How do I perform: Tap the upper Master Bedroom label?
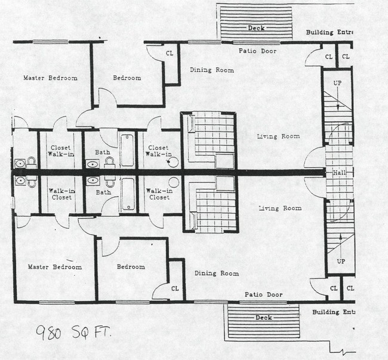tap(50, 78)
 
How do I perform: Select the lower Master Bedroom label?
tap(55, 267)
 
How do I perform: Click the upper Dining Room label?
tap(212, 70)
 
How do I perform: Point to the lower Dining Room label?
tap(217, 273)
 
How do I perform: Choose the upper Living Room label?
tap(278, 137)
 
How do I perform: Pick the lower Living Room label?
tap(280, 208)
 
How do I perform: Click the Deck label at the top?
tap(255, 28)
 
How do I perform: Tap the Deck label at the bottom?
tap(263, 318)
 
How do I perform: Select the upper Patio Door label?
tap(257, 51)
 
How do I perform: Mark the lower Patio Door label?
tap(263, 295)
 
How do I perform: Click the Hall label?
tap(338, 173)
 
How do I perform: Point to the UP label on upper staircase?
tap(337, 83)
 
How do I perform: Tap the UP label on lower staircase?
tap(340, 261)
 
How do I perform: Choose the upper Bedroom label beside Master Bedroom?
tap(127, 78)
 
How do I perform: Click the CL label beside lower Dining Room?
tap(175, 288)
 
